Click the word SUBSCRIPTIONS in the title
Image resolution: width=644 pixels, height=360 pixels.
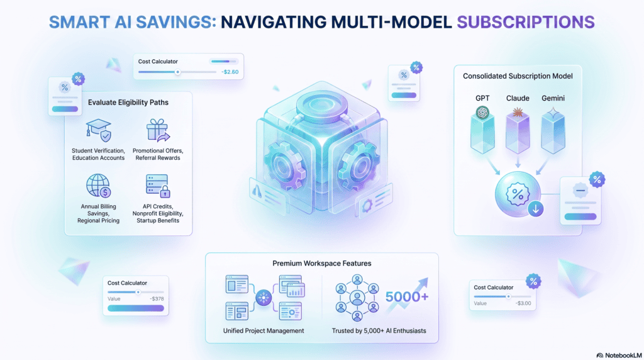coord(526,22)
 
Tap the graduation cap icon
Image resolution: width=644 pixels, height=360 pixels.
coord(99,130)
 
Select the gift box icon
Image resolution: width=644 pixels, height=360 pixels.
coord(158,130)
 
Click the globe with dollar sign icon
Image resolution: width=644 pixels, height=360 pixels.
coord(99,186)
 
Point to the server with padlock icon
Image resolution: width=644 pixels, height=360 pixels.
coord(158,186)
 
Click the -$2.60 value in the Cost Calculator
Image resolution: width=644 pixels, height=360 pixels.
coord(230,72)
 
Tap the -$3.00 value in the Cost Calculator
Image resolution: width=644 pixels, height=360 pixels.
coord(523,303)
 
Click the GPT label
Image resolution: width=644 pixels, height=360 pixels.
coord(482,98)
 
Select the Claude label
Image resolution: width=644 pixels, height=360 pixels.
coord(518,98)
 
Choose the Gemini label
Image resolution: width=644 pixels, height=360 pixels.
coord(553,98)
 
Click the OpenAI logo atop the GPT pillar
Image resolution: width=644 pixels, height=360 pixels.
coord(482,112)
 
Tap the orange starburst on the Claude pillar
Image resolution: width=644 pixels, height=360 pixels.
coord(518,112)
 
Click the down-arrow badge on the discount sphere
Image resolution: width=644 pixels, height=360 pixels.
coord(536,209)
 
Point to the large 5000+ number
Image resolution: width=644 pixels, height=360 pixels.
coord(407,296)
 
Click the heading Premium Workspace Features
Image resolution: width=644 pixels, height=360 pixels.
coord(322,264)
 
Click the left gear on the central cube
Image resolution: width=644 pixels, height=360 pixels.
coord(284,166)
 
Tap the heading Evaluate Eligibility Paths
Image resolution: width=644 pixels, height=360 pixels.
coord(128,103)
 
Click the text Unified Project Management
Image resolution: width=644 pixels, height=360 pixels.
coord(264,331)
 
